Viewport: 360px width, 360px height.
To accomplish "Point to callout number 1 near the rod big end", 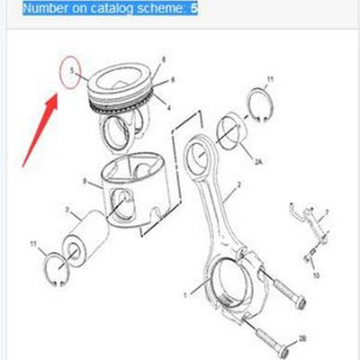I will [x=185, y=294].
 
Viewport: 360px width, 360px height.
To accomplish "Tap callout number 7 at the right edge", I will [x=327, y=212].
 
